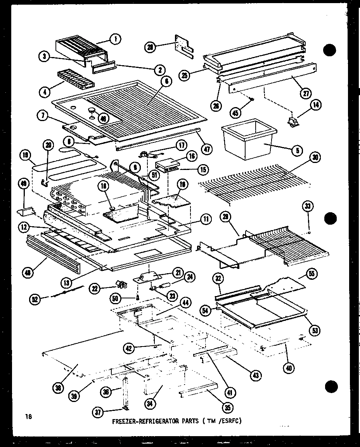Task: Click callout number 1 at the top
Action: point(116,39)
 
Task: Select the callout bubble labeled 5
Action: point(297,150)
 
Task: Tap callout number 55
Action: point(312,274)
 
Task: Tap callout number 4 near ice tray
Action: point(46,92)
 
